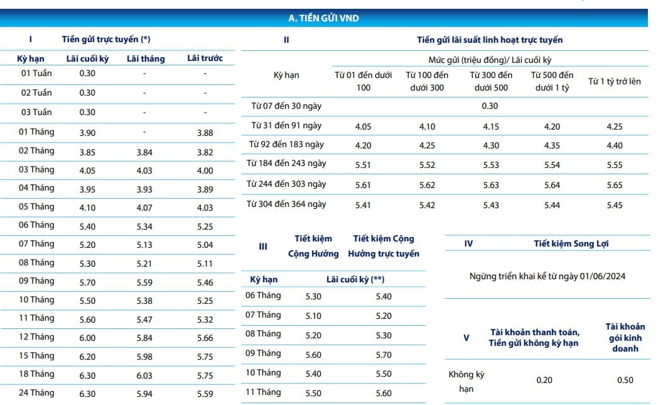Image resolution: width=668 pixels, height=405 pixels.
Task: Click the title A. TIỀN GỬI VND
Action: [323, 18]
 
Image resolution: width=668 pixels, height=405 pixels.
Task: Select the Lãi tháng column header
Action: [146, 58]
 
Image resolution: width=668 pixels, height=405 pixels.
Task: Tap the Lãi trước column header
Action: [205, 58]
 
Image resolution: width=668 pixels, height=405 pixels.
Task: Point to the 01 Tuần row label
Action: [36, 73]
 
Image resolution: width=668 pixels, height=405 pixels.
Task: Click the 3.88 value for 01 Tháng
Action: [205, 133]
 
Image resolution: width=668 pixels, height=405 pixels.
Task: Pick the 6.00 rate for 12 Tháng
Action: [87, 338]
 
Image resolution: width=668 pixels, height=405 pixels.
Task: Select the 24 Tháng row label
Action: [36, 392]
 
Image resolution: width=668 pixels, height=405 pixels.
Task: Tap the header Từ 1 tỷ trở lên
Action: [615, 81]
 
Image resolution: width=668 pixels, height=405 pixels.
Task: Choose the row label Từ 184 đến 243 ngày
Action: [286, 164]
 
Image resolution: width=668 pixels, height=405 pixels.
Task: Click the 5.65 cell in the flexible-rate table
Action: [615, 185]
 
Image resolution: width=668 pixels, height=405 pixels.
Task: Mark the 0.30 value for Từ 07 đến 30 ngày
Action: [490, 106]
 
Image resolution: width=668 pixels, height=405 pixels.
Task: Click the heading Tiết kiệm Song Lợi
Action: [571, 243]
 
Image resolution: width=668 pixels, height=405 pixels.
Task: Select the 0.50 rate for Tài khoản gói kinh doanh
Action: [625, 380]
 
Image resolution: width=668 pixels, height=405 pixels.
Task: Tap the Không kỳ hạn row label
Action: [466, 381]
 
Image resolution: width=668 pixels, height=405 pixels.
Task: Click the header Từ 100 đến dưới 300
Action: [427, 81]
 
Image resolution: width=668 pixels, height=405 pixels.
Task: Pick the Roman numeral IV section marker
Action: [468, 243]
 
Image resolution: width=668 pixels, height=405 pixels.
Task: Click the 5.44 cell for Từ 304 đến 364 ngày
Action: [552, 205]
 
